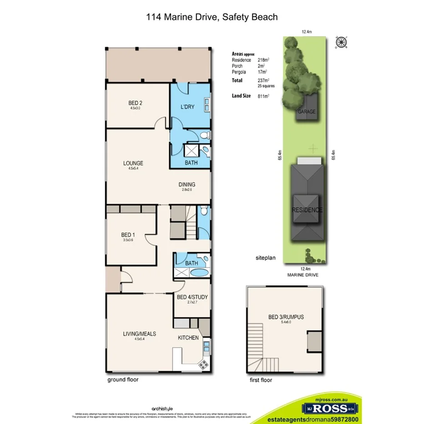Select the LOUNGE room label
[133, 163]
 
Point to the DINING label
[187, 184]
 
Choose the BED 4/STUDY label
[192, 298]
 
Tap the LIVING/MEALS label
[139, 333]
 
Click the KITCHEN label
[188, 338]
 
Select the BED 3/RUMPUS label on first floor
[286, 317]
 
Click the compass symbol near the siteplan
[340, 43]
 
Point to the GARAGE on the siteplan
[307, 111]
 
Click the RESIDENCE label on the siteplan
[307, 210]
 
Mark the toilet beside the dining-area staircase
[204, 211]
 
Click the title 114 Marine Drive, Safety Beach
[212, 17]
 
